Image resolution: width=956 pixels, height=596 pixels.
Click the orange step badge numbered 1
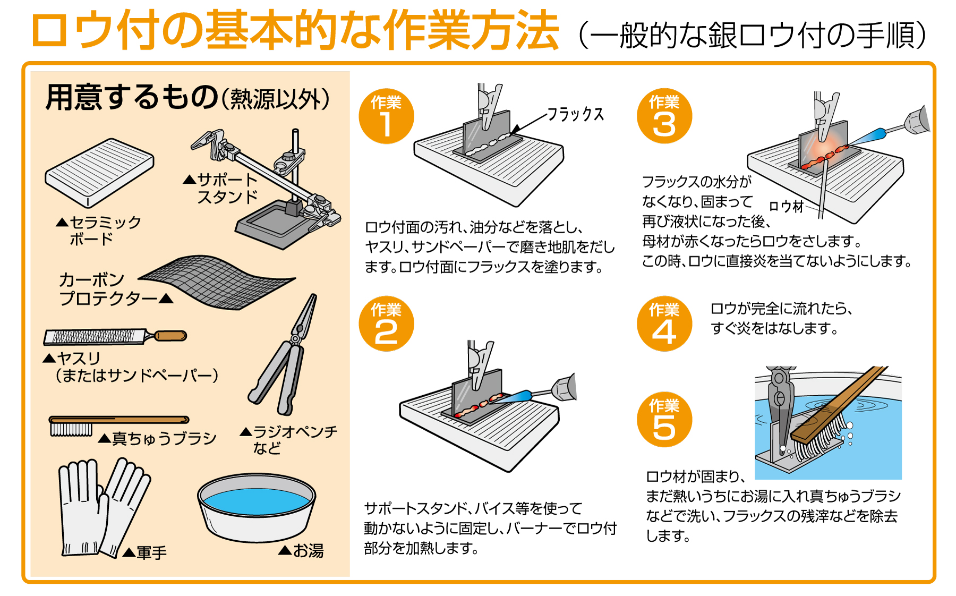(386, 116)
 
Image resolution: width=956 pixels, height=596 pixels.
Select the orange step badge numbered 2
(386, 323)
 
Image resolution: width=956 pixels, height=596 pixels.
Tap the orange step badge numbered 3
(664, 116)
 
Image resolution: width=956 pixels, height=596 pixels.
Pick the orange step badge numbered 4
(664, 323)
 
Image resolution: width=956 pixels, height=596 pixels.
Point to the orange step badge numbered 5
(664, 420)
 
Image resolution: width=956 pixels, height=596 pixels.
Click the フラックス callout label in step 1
(576, 114)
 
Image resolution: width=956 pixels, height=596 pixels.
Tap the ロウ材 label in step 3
(787, 206)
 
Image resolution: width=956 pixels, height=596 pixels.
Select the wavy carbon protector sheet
(217, 282)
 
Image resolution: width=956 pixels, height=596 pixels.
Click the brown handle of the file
(170, 336)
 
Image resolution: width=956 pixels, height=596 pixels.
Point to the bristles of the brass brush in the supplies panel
(71, 429)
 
